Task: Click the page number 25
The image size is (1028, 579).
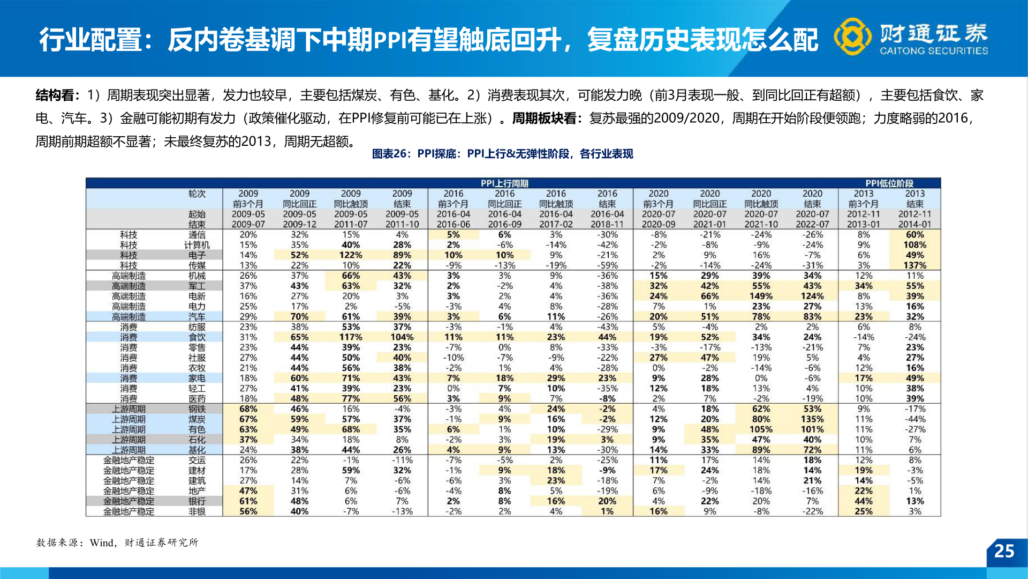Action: [1004, 551]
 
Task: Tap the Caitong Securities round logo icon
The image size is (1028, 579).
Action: [852, 36]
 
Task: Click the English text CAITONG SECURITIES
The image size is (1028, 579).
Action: [934, 51]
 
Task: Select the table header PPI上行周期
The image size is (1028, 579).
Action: [504, 183]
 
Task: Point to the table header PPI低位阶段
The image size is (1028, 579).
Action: [889, 183]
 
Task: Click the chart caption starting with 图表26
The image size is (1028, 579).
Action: [502, 154]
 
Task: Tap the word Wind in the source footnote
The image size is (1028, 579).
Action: [102, 543]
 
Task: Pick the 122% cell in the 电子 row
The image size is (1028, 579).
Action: [351, 255]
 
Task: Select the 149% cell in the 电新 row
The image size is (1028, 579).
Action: [761, 296]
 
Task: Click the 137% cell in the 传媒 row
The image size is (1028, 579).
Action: [914, 265]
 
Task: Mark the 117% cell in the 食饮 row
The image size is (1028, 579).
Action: [351, 337]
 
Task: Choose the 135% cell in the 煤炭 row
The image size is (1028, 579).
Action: [812, 419]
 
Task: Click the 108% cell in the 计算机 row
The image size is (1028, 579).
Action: [914, 245]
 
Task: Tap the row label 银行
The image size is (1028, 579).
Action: [196, 501]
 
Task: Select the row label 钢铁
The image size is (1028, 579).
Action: [196, 409]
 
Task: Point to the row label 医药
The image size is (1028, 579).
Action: [196, 399]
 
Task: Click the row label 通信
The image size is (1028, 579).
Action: [196, 235]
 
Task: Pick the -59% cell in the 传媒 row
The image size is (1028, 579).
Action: [607, 265]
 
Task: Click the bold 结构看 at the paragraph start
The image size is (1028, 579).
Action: [55, 95]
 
